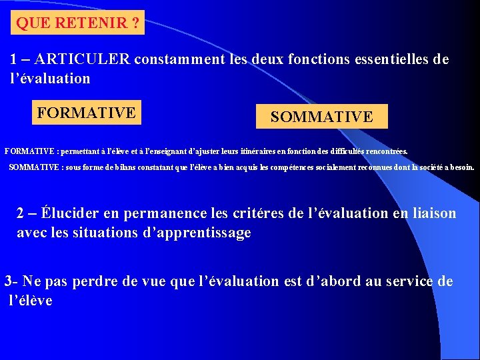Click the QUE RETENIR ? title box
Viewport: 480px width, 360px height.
(78, 24)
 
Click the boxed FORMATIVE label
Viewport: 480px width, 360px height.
(87, 113)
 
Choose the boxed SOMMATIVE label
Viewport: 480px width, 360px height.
(321, 117)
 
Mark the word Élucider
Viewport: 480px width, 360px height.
(69, 213)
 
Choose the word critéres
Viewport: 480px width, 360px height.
(259, 213)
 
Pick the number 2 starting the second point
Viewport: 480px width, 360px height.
(21, 213)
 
